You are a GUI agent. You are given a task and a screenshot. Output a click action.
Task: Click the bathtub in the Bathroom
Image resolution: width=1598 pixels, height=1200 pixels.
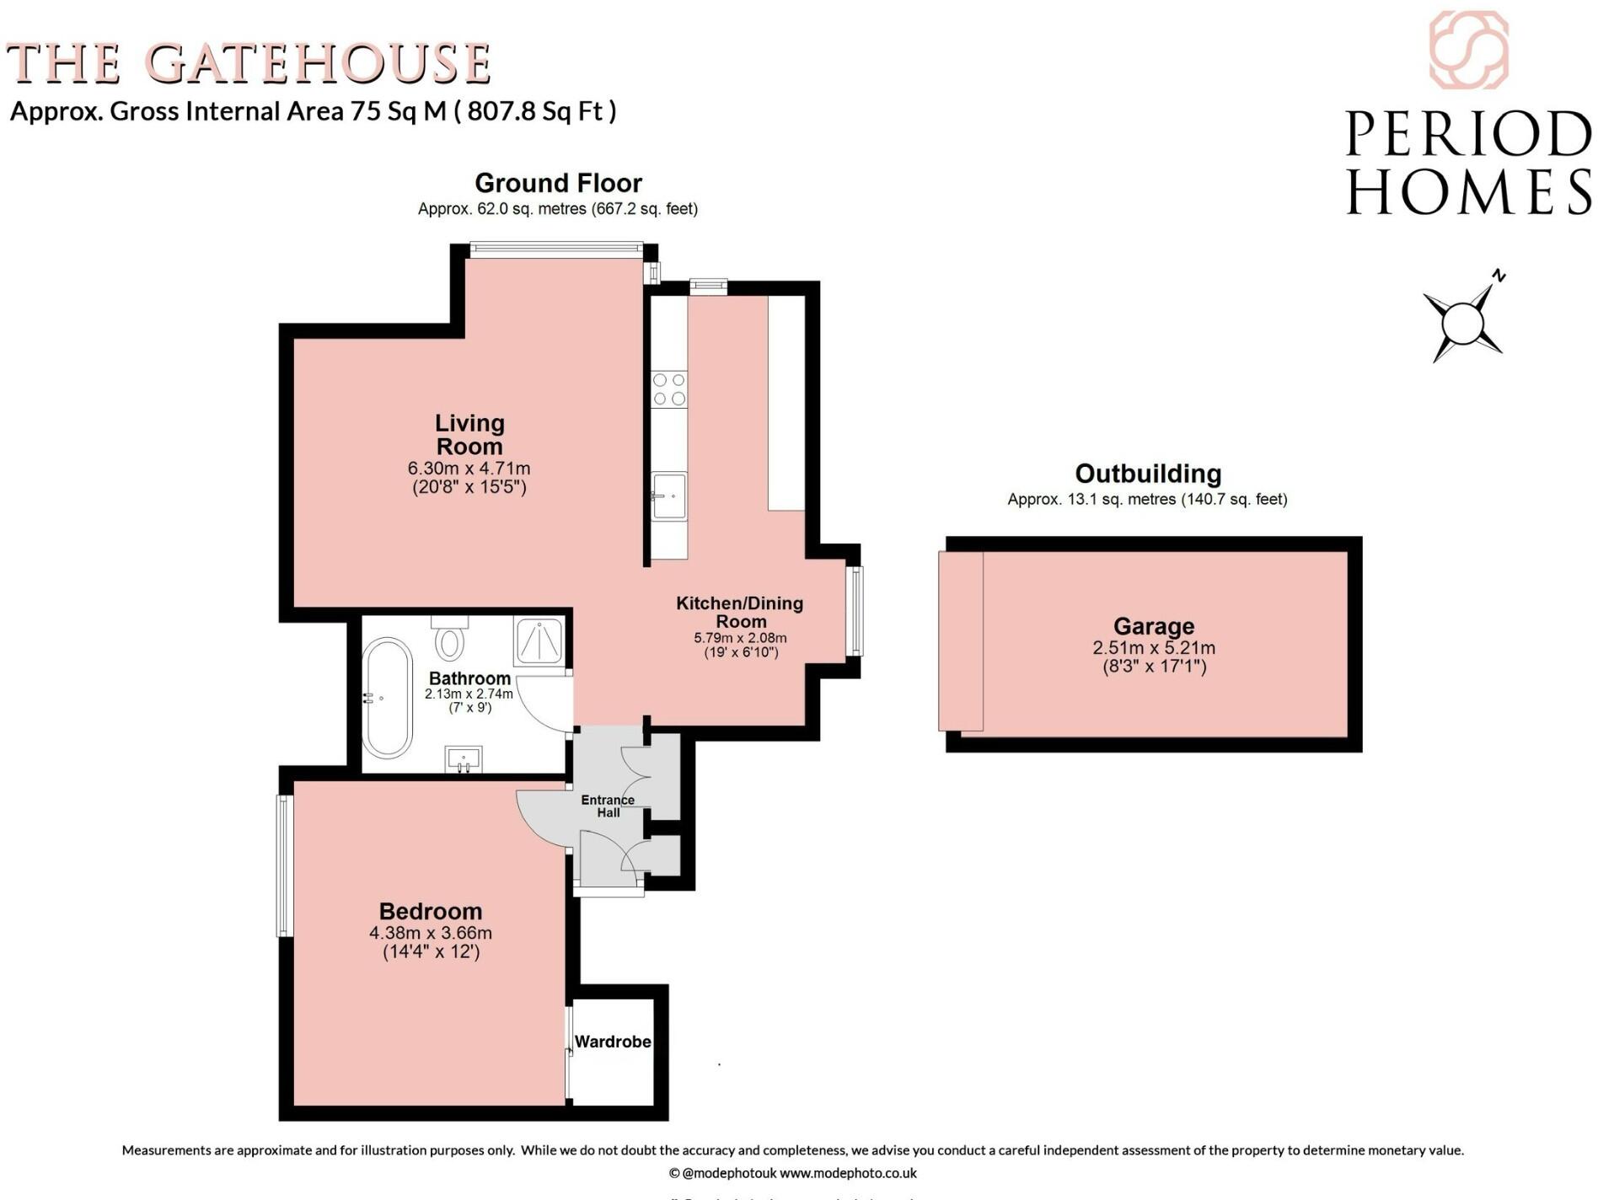(x=387, y=698)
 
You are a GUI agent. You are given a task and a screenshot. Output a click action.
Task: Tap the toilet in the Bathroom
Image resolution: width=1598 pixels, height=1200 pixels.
(x=450, y=641)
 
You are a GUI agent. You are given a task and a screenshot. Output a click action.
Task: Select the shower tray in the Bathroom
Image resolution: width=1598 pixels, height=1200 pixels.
(x=539, y=641)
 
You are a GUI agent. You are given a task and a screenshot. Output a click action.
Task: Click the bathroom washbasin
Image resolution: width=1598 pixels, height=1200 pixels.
(x=463, y=758)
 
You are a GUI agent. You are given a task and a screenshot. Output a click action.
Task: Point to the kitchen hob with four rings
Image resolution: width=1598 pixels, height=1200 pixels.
(x=669, y=389)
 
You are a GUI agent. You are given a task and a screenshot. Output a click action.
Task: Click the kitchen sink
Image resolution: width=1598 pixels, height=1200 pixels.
(x=671, y=496)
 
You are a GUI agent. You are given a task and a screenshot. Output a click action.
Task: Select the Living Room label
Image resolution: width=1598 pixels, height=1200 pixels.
(x=469, y=435)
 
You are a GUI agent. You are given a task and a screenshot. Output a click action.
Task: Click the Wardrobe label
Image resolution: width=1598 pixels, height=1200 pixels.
(x=613, y=1042)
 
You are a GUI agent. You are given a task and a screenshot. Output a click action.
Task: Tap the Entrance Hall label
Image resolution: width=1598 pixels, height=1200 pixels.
(x=608, y=806)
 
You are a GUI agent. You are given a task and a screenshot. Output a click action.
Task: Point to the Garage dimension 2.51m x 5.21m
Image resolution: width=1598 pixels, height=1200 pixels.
(x=1154, y=648)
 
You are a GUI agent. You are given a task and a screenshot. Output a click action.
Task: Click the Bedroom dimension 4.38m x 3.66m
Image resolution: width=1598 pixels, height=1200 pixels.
(x=430, y=933)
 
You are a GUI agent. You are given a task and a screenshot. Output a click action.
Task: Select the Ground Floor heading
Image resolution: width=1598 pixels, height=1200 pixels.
(x=558, y=183)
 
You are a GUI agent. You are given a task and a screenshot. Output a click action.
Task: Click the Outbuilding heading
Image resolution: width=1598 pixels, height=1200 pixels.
(x=1148, y=473)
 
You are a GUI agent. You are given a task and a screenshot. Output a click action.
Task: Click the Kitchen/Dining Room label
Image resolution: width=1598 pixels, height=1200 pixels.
(x=739, y=612)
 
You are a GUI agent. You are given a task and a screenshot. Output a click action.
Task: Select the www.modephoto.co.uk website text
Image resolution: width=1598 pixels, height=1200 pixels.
(x=848, y=1172)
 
